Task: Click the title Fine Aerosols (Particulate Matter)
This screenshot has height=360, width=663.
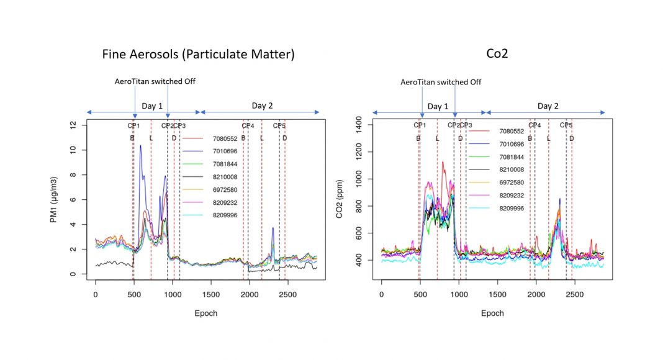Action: [198, 55]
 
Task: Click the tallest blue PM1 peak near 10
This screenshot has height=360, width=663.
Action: [141, 146]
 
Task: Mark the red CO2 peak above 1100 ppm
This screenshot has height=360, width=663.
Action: [443, 163]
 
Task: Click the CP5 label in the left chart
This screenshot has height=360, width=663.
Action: [279, 125]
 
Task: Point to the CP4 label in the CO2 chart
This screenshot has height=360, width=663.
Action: [534, 125]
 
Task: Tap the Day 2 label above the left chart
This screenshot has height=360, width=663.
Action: [263, 106]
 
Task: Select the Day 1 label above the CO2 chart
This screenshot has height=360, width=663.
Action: [438, 106]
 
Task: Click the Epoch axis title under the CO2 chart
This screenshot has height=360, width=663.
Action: [492, 313]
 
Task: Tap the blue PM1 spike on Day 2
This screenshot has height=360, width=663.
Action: [273, 228]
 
